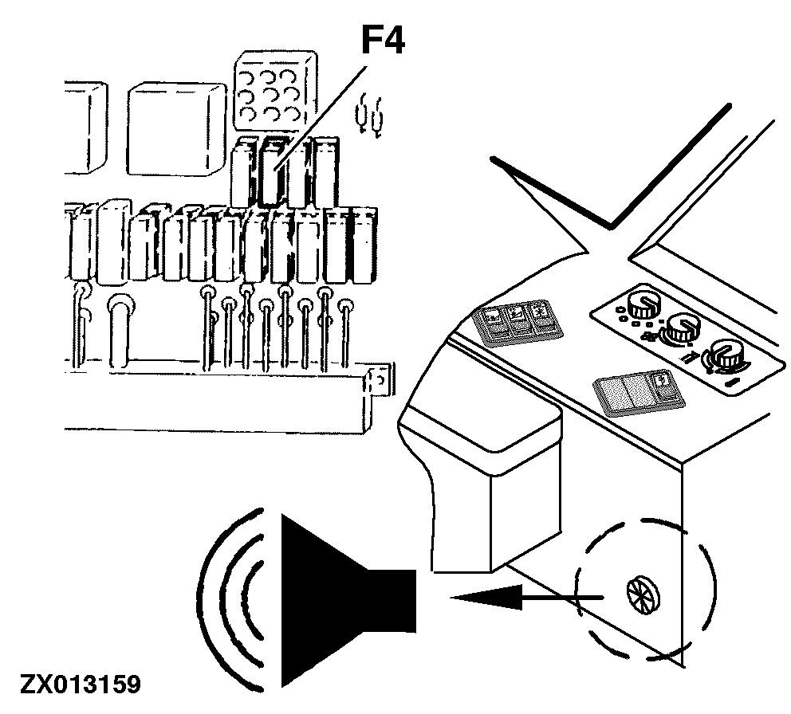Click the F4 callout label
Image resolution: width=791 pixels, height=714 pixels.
coord(384,41)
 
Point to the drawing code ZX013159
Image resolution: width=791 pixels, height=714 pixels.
coord(81,685)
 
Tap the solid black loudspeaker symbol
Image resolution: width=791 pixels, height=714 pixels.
coord(348,600)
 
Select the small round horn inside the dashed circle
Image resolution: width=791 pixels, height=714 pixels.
coord(643,595)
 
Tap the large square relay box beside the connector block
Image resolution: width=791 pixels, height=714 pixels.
coord(176,129)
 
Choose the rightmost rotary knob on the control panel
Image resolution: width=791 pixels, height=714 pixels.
coord(727,354)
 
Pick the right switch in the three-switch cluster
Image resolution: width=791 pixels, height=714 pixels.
coord(545,317)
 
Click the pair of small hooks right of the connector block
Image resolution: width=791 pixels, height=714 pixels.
coord(370,116)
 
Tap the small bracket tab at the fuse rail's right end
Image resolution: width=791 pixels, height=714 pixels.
coord(379,379)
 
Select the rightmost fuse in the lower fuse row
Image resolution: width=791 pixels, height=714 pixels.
coord(364,245)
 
